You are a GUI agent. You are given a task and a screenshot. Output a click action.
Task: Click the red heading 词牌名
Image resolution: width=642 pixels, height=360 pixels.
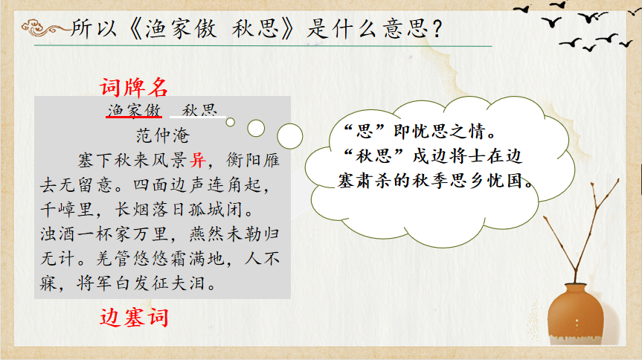134,87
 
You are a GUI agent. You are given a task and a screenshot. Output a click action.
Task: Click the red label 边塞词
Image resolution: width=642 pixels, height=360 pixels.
134,318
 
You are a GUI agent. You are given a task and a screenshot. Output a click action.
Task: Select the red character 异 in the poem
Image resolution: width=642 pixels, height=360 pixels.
198,160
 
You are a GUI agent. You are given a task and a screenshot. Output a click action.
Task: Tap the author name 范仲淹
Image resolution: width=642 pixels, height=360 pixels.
163,135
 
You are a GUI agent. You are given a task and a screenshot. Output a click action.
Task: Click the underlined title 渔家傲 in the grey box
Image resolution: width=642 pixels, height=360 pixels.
134,110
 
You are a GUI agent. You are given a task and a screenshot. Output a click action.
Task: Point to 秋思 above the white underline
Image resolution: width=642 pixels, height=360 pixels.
199,110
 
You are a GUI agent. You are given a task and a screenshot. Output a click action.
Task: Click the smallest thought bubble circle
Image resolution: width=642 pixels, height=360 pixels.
231,122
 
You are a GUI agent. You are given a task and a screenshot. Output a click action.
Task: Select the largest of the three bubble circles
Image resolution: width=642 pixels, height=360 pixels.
290,136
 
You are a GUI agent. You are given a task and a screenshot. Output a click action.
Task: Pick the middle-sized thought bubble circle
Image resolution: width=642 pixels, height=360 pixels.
256,128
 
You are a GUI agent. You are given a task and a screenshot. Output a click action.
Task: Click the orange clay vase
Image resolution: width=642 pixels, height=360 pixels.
575,314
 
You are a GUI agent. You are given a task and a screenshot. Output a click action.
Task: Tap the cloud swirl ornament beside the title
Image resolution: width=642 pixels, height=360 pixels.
44,28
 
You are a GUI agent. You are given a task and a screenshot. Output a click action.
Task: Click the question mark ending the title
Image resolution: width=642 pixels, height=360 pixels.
437,29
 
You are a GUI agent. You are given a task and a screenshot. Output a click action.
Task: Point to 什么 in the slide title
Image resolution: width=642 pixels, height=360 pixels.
351,29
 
